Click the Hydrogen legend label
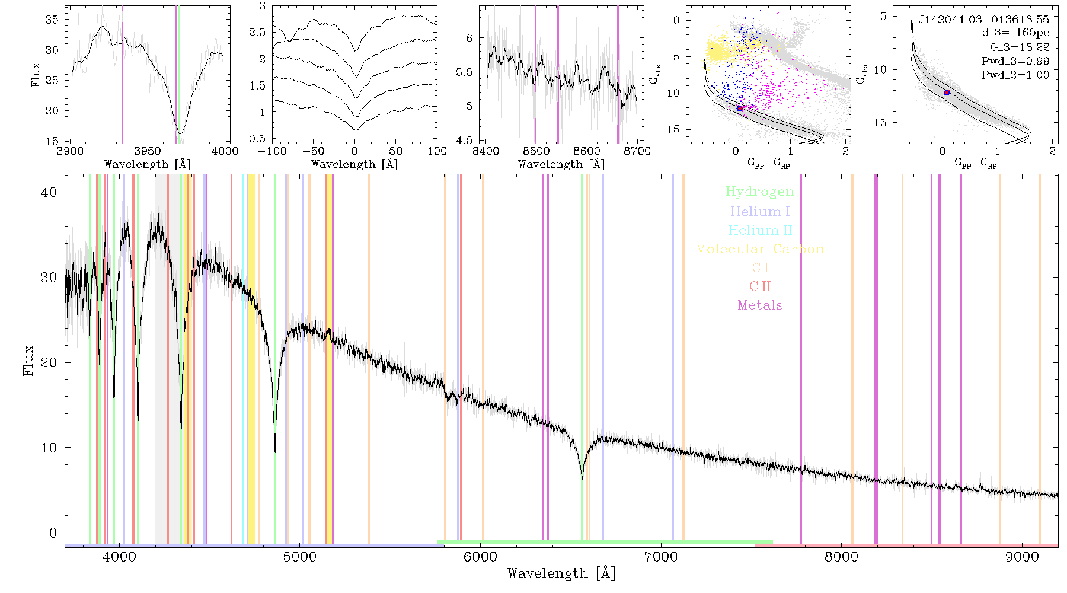759,192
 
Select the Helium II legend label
760,230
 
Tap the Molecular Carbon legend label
760,249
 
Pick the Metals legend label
760,305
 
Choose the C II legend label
760,286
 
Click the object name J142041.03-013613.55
983,20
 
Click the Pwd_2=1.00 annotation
1015,75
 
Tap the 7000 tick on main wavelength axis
660,557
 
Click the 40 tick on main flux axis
49,192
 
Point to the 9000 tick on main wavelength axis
1022,557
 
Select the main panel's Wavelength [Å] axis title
561,573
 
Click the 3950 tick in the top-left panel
148,151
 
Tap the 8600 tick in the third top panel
587,151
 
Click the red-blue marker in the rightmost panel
947,93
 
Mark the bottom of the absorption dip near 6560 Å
582,479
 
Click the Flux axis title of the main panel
28,361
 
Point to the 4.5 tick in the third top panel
466,141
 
